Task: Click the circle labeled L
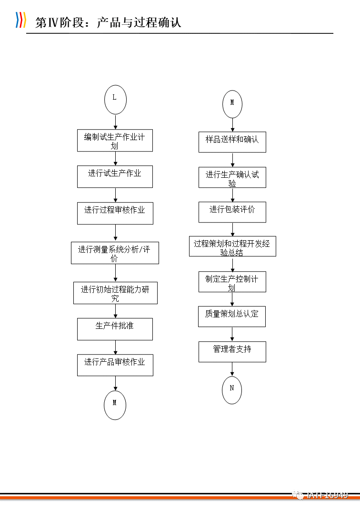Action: (115, 99)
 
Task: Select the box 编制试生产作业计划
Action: (115, 141)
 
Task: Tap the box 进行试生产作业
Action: (115, 176)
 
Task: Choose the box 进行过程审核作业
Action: (115, 213)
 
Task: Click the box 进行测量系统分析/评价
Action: (115, 253)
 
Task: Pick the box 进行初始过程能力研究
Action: (115, 293)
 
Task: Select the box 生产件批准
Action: (115, 329)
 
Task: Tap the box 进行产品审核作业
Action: (115, 365)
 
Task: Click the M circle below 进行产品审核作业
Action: (115, 405)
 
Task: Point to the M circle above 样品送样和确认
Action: (232, 104)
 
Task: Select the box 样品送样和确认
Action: (232, 142)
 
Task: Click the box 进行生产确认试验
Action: (232, 177)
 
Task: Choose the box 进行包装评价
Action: (232, 212)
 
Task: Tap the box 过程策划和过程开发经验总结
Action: (232, 247)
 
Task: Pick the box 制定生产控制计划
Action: (232, 282)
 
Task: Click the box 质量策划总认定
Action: (232, 316)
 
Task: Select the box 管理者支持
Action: (232, 352)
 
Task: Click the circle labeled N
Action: (232, 390)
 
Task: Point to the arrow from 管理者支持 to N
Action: (232, 369)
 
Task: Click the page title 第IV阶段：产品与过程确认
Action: (109, 22)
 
